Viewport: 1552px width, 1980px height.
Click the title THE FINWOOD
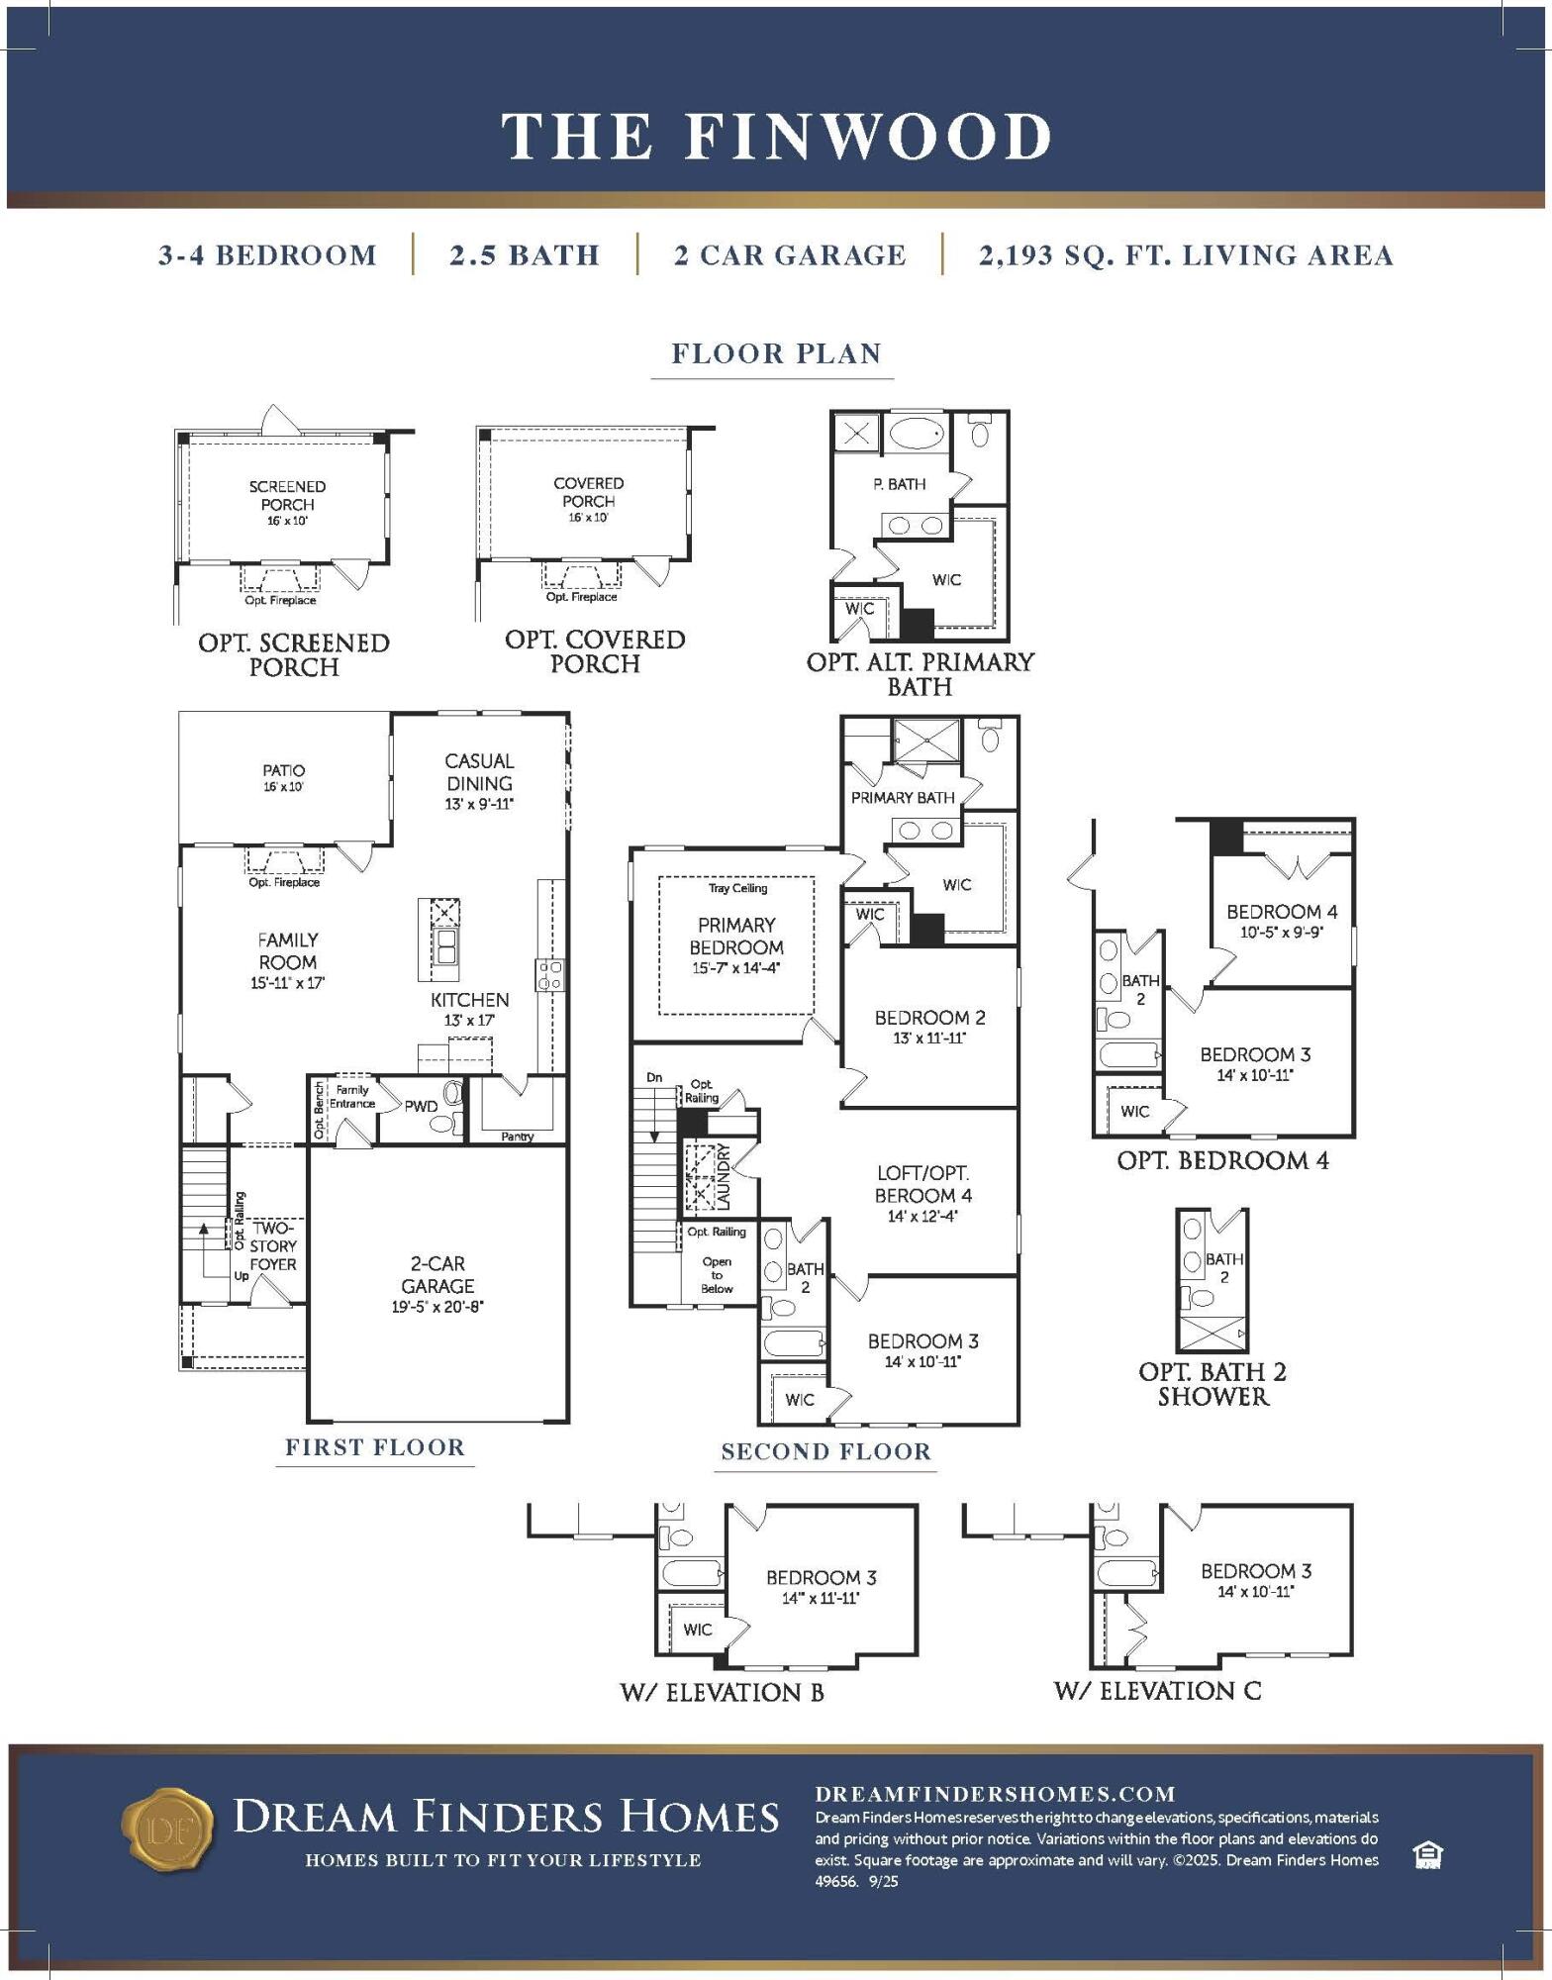[x=776, y=136]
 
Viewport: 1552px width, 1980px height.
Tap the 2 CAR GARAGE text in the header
[x=790, y=255]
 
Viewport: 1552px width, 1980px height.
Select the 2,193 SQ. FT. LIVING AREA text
[x=1186, y=255]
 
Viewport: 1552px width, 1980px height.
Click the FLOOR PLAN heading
[x=776, y=353]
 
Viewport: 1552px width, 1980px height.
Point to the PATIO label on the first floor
[x=284, y=770]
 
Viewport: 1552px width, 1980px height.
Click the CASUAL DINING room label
[x=479, y=772]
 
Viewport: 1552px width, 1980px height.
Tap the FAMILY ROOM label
[x=288, y=950]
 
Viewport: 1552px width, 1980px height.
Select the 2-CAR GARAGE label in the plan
[x=437, y=1274]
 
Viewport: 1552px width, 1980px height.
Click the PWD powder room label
[x=421, y=1106]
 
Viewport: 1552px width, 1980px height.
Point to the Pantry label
[x=518, y=1137]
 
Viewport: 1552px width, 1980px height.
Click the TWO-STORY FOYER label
[x=273, y=1245]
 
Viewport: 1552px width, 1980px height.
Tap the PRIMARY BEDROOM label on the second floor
[x=736, y=936]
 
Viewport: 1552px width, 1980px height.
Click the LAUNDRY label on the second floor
[x=724, y=1176]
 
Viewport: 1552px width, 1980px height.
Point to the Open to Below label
[x=717, y=1275]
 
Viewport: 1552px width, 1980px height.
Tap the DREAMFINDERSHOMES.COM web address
[x=995, y=1794]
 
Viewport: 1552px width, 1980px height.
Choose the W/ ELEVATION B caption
[x=722, y=1692]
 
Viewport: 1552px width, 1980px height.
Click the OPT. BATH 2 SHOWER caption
[x=1212, y=1384]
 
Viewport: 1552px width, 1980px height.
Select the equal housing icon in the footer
[x=1427, y=1854]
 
